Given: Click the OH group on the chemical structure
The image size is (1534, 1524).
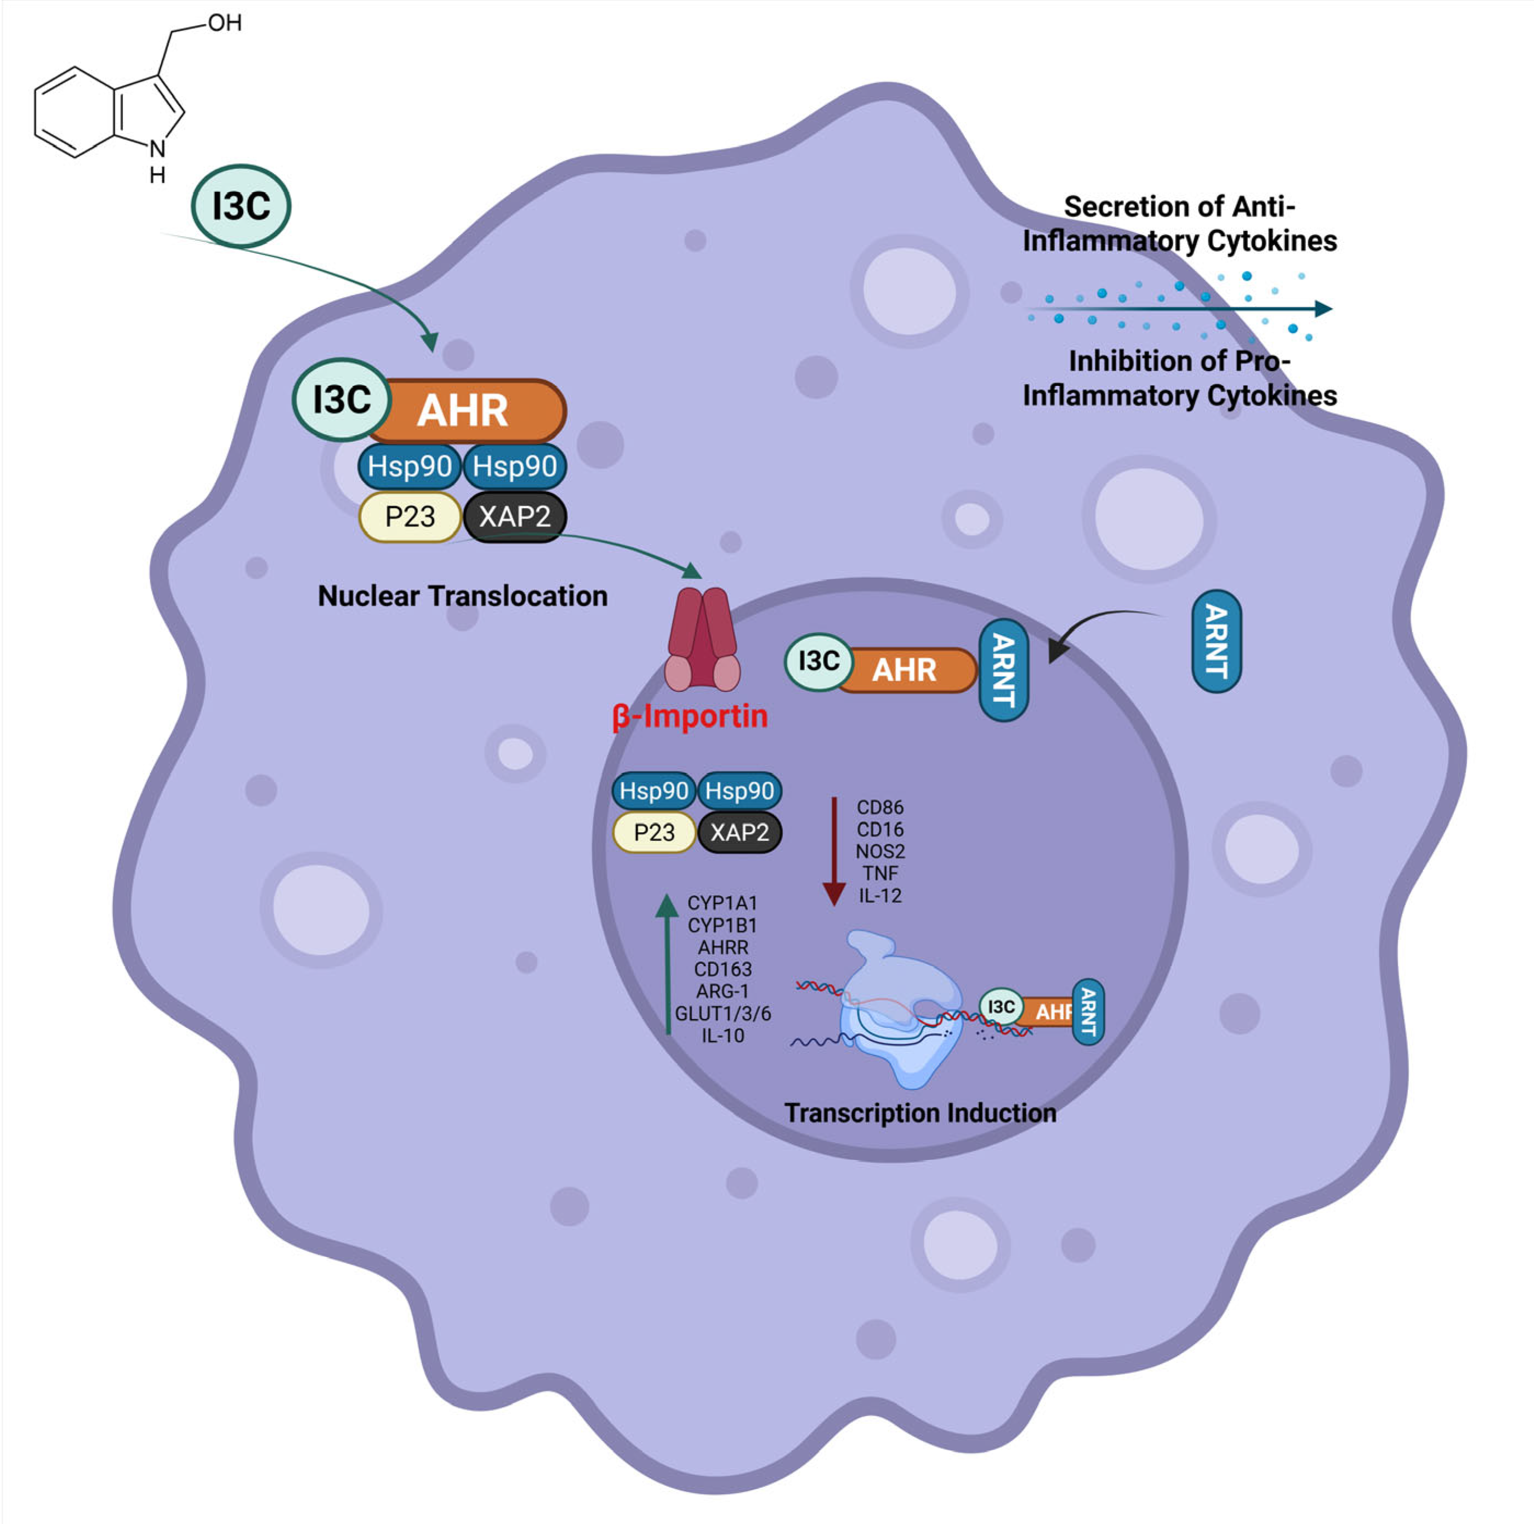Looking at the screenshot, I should pyautogui.click(x=225, y=23).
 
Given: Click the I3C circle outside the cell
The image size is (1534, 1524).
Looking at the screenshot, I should pyautogui.click(x=241, y=206).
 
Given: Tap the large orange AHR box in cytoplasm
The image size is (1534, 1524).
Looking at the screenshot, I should pyautogui.click(x=464, y=411).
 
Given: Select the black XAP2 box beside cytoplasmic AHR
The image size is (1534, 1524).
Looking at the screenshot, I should pyautogui.click(x=514, y=517).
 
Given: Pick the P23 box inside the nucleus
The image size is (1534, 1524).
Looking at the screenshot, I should pyautogui.click(x=654, y=833).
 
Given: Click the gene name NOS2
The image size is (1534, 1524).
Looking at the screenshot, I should pyautogui.click(x=880, y=852).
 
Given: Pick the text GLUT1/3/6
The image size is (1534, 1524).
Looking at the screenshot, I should pyautogui.click(x=723, y=1014).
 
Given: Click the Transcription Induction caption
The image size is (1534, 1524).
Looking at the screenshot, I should pyautogui.click(x=921, y=1113).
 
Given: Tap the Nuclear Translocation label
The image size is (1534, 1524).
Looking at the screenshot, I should pyautogui.click(x=462, y=596).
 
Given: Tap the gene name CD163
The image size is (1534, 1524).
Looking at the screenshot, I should pyautogui.click(x=723, y=969).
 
